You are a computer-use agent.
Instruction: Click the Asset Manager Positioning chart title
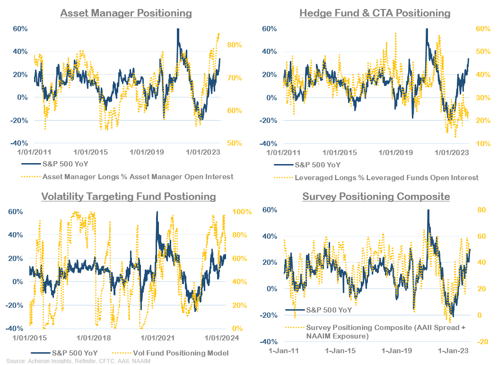pos(126,13)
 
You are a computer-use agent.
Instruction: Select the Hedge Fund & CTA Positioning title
pos(375,13)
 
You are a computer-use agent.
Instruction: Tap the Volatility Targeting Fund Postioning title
pos(128,196)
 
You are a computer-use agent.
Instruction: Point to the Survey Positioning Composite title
pos(376,196)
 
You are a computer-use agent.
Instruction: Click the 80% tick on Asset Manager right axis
pos(234,45)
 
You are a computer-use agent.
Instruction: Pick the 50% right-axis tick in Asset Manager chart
pos(234,143)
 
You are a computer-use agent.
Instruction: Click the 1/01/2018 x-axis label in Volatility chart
pos(93,338)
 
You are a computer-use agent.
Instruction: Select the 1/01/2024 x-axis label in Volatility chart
pos(221,338)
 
